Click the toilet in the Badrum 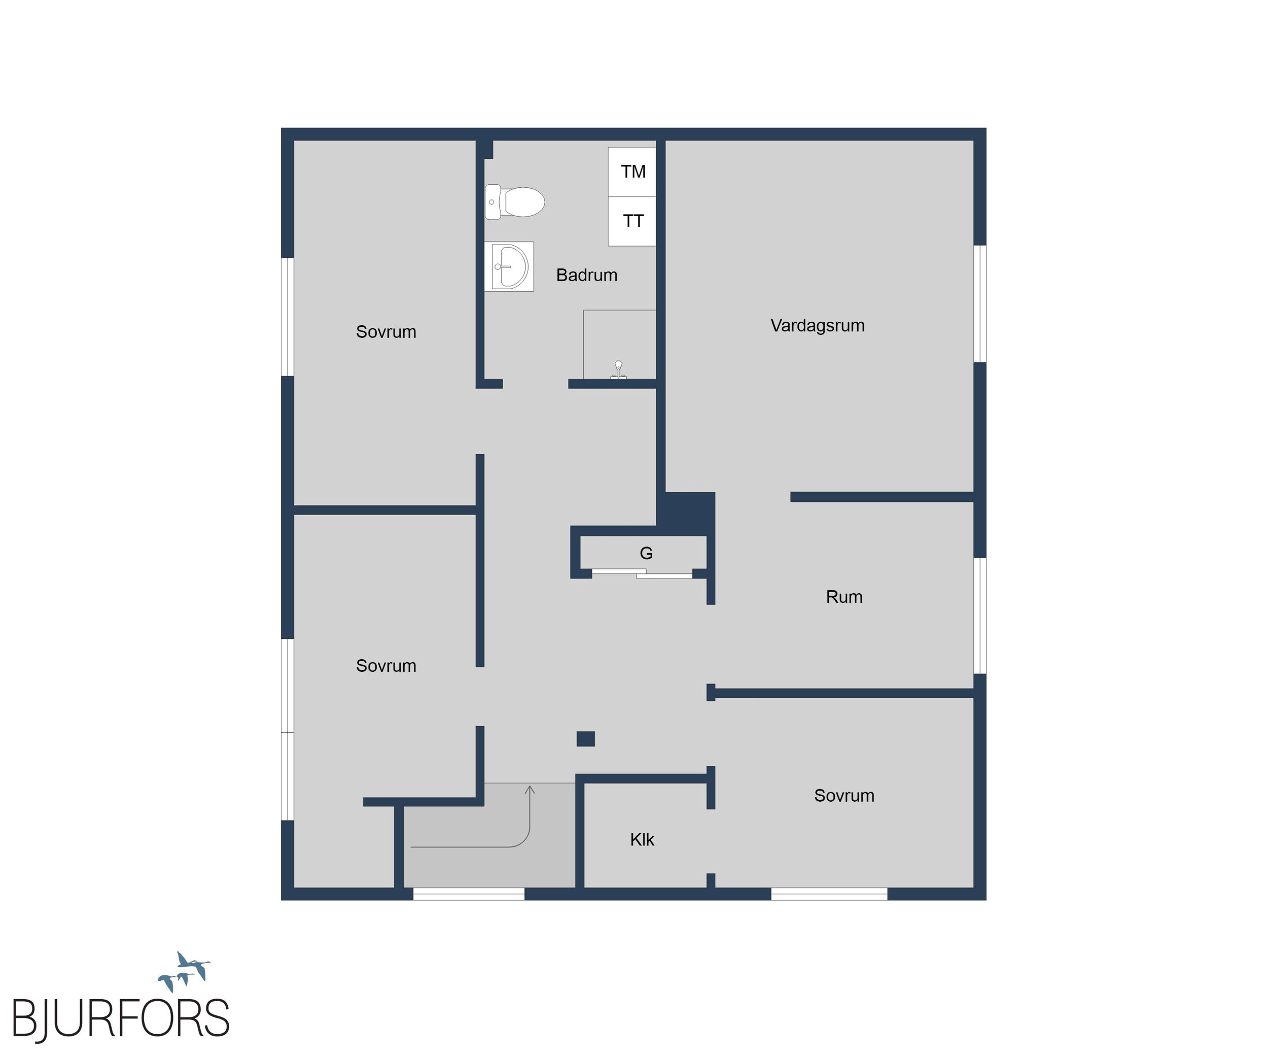[514, 202]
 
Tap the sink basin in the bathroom [509, 266]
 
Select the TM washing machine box [631, 172]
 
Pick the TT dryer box [631, 221]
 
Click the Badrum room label [586, 276]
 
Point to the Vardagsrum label [818, 326]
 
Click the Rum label [844, 597]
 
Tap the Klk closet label [642, 839]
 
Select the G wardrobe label [646, 553]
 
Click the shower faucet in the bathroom [618, 369]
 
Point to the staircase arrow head [530, 790]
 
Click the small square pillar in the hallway [586, 739]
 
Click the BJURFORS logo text [121, 1019]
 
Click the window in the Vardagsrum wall [980, 304]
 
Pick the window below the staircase [469, 894]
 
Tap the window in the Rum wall [980, 616]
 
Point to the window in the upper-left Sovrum [288, 317]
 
